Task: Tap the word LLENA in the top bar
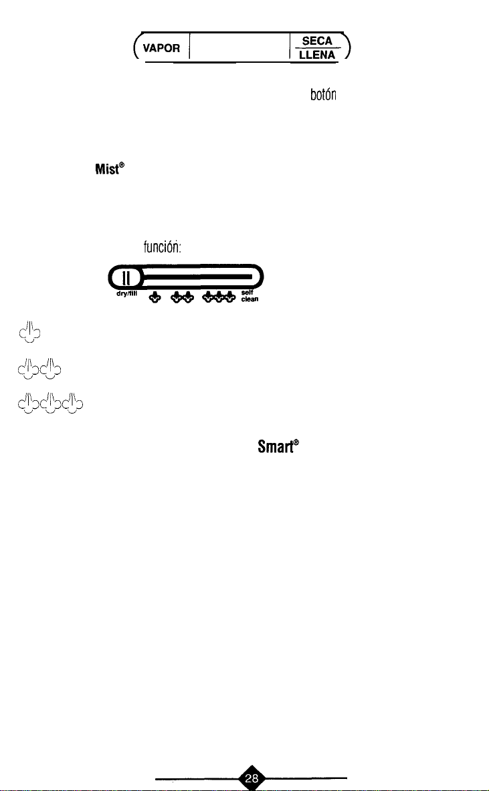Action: pyautogui.click(x=320, y=55)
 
